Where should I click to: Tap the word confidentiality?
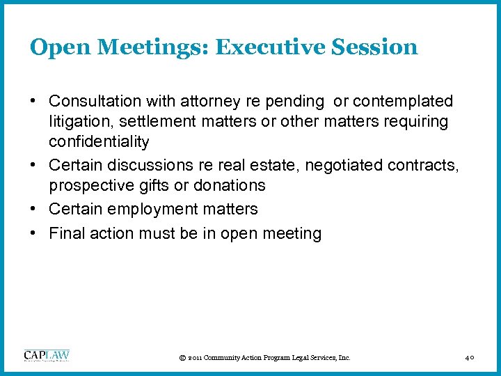[99, 142]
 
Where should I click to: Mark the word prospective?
[90, 185]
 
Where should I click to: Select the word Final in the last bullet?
[67, 233]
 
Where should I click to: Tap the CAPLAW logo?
[47, 356]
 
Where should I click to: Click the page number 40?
[470, 358]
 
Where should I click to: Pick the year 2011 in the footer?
[196, 358]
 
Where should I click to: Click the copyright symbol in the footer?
[182, 358]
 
